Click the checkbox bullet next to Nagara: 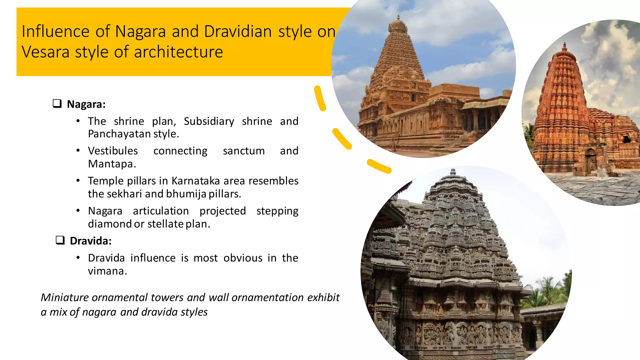point(57,103)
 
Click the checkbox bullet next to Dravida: point(60,240)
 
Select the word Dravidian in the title point(238,32)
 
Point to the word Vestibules point(113,151)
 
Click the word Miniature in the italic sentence point(65,297)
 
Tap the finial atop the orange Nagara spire point(564,46)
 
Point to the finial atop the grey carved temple point(453,171)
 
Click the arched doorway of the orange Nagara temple point(590,161)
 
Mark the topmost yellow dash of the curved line point(320,98)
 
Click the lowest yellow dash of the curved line point(379,166)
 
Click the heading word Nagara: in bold point(86,104)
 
